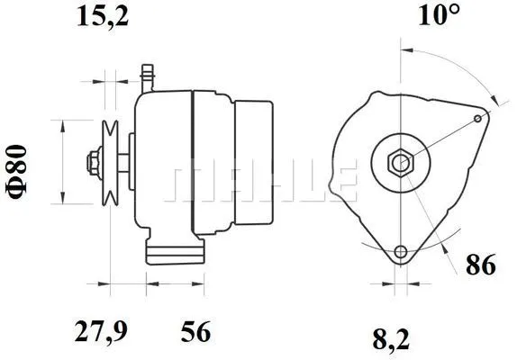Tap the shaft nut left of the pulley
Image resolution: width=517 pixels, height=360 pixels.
(92, 163)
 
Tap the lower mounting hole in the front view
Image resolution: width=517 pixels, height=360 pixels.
(399, 250)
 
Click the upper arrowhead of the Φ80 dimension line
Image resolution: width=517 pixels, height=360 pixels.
(61, 123)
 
